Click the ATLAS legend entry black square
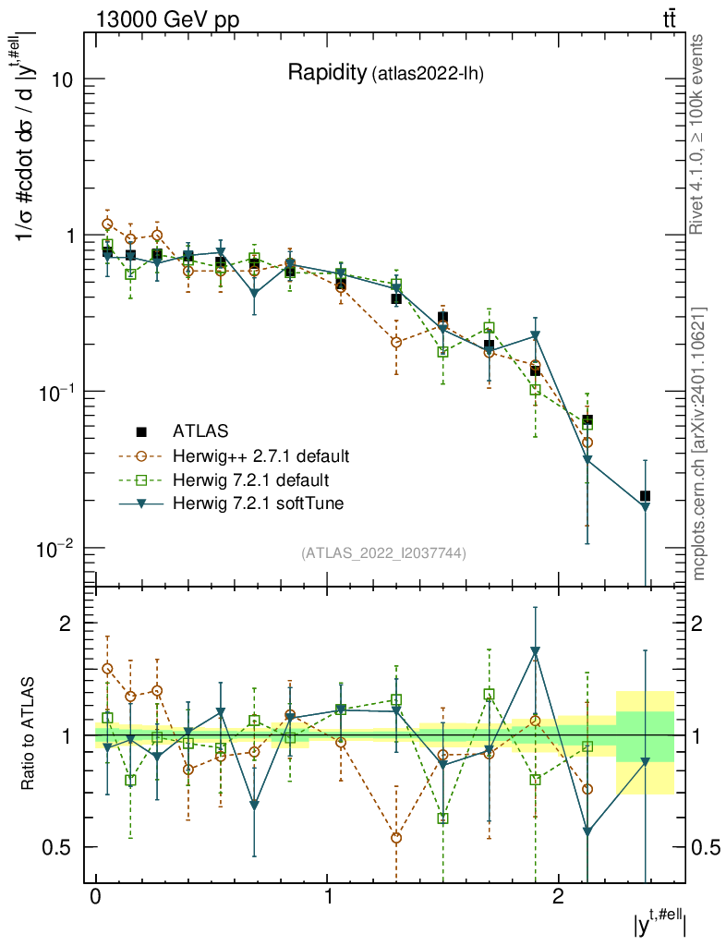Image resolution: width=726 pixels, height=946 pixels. coord(141,431)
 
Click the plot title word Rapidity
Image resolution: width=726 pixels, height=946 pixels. coord(327,73)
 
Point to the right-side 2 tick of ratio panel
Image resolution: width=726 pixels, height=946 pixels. coord(699,624)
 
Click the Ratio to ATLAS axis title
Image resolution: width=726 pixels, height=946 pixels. coord(29,735)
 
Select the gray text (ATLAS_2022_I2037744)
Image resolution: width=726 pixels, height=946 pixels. coord(383,553)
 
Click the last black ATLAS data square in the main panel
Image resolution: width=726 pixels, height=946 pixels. coord(646,497)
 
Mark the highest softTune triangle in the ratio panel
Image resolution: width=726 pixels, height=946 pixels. coord(535,651)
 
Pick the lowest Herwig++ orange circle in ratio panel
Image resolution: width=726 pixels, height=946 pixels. coord(396,838)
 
